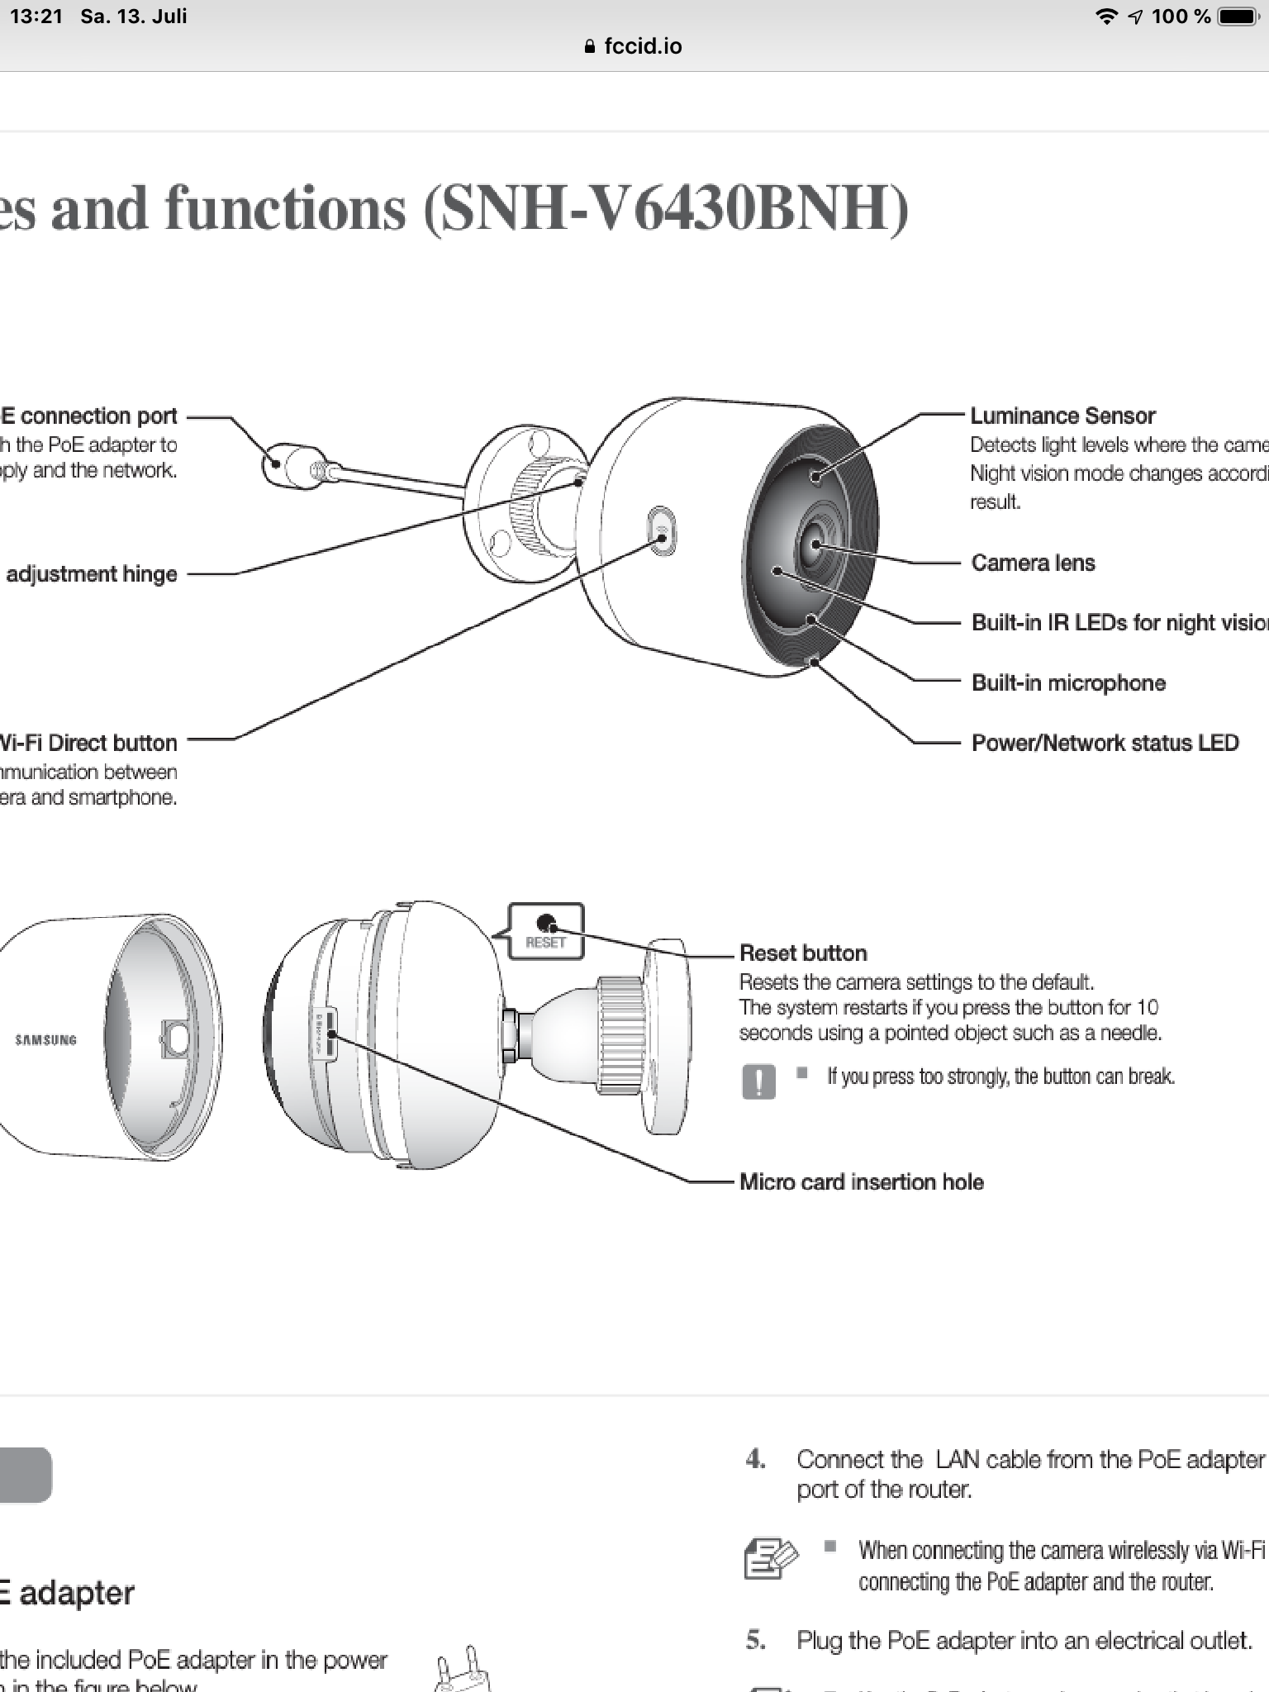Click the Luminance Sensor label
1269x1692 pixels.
click(1062, 416)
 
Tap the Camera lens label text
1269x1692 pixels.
click(1033, 563)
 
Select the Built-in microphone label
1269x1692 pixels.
click(1068, 682)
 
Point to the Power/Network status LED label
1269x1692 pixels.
click(1105, 743)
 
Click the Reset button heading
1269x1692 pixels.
click(803, 953)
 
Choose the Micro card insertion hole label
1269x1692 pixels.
click(861, 1181)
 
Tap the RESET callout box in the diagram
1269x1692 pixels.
click(546, 931)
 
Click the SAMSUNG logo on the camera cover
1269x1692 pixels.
click(46, 1039)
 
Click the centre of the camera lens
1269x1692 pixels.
click(815, 544)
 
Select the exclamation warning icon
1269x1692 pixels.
click(759, 1081)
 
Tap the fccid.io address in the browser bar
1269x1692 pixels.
click(642, 46)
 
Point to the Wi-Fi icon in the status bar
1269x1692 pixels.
click(1105, 17)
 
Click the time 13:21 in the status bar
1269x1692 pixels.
click(36, 17)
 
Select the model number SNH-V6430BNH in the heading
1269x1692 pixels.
click(666, 208)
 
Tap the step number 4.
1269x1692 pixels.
click(755, 1459)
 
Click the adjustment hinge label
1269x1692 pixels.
click(92, 574)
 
